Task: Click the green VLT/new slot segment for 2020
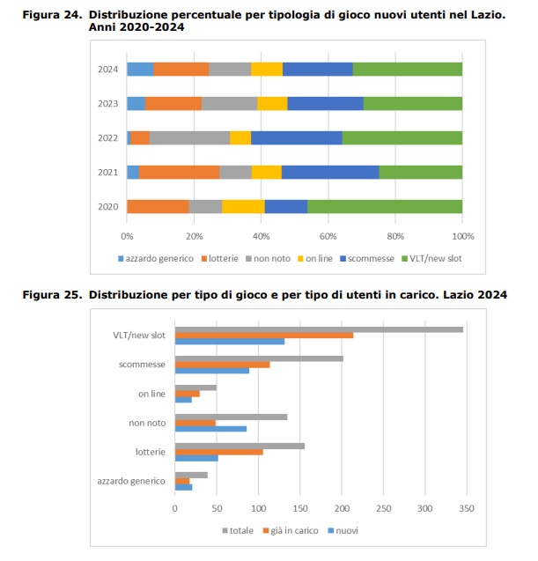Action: click(385, 206)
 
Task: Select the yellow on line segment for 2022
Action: click(240, 137)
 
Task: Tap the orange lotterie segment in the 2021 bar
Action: click(180, 172)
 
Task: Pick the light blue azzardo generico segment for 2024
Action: click(140, 69)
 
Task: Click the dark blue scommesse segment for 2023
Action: click(326, 103)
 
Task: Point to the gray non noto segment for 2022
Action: click(189, 137)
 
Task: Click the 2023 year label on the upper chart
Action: click(108, 104)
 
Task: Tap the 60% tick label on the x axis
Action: click(328, 237)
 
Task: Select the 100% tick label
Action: click(463, 237)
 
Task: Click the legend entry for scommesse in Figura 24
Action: click(367, 259)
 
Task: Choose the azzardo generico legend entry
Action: click(156, 259)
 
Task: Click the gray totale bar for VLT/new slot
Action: click(319, 329)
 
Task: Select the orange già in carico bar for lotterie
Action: click(219, 453)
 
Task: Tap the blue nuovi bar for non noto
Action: click(210, 429)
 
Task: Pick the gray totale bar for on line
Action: click(195, 388)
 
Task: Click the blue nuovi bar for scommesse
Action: click(212, 371)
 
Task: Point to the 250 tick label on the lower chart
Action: click(384, 508)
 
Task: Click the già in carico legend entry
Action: click(291, 530)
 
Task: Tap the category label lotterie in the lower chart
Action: click(151, 453)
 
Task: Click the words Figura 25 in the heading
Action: click(52, 295)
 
